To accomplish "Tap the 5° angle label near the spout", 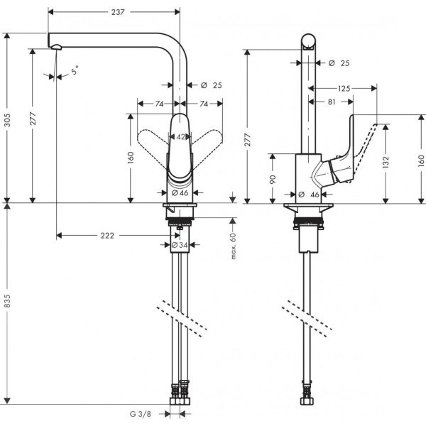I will pyautogui.click(x=75, y=70).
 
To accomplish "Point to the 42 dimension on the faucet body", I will pyautogui.click(x=180, y=137).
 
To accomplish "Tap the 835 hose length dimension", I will pyautogui.click(x=8, y=302).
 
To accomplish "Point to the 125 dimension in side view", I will pyautogui.click(x=344, y=88).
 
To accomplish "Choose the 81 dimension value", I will pyautogui.click(x=331, y=102).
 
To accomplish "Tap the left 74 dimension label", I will pyautogui.click(x=160, y=104).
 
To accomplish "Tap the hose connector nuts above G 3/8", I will pyautogui.click(x=180, y=390).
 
